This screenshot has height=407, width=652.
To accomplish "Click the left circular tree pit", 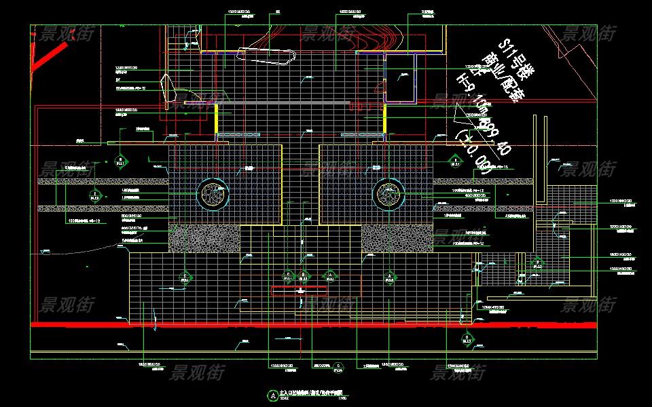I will pos(213,195).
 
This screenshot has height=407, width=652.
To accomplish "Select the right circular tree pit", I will pos(388,195).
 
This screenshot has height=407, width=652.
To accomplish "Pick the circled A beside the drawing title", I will pos(273,394).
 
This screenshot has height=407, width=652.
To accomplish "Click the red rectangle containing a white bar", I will pos(300,290).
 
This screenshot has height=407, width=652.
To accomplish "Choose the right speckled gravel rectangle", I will pos(397,238).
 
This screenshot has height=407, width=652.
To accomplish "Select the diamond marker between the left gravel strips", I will pos(95,197).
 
